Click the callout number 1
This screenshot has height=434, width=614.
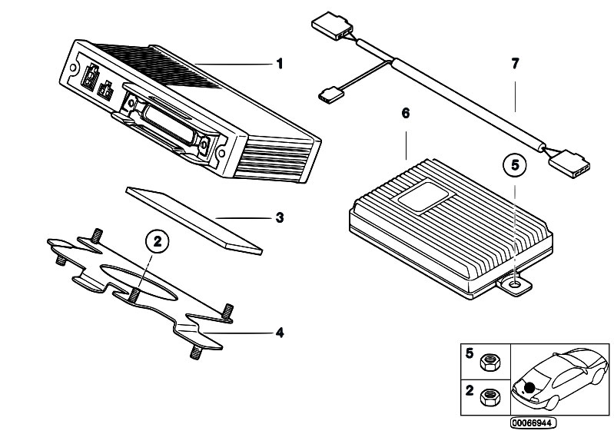pos(280,64)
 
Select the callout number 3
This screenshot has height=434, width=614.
pos(280,218)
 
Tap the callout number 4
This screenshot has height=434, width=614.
pos(280,333)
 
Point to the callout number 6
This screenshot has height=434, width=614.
pos(406,114)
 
